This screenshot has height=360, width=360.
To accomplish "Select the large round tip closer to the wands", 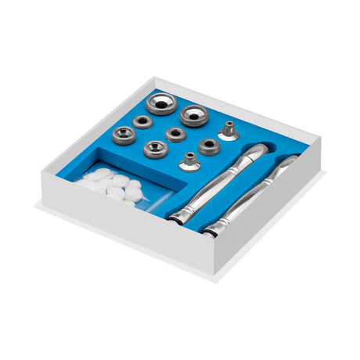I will pyautogui.click(x=193, y=116).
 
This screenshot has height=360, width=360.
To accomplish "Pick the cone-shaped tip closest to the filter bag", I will pyautogui.click(x=189, y=161).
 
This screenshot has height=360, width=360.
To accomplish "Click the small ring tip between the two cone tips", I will pyautogui.click(x=210, y=145).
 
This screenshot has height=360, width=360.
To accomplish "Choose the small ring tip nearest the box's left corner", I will pyautogui.click(x=124, y=136).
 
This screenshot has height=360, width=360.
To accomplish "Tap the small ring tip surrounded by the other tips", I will pyautogui.click(x=176, y=134).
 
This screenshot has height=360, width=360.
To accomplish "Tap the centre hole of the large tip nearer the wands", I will pyautogui.click(x=193, y=115).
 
